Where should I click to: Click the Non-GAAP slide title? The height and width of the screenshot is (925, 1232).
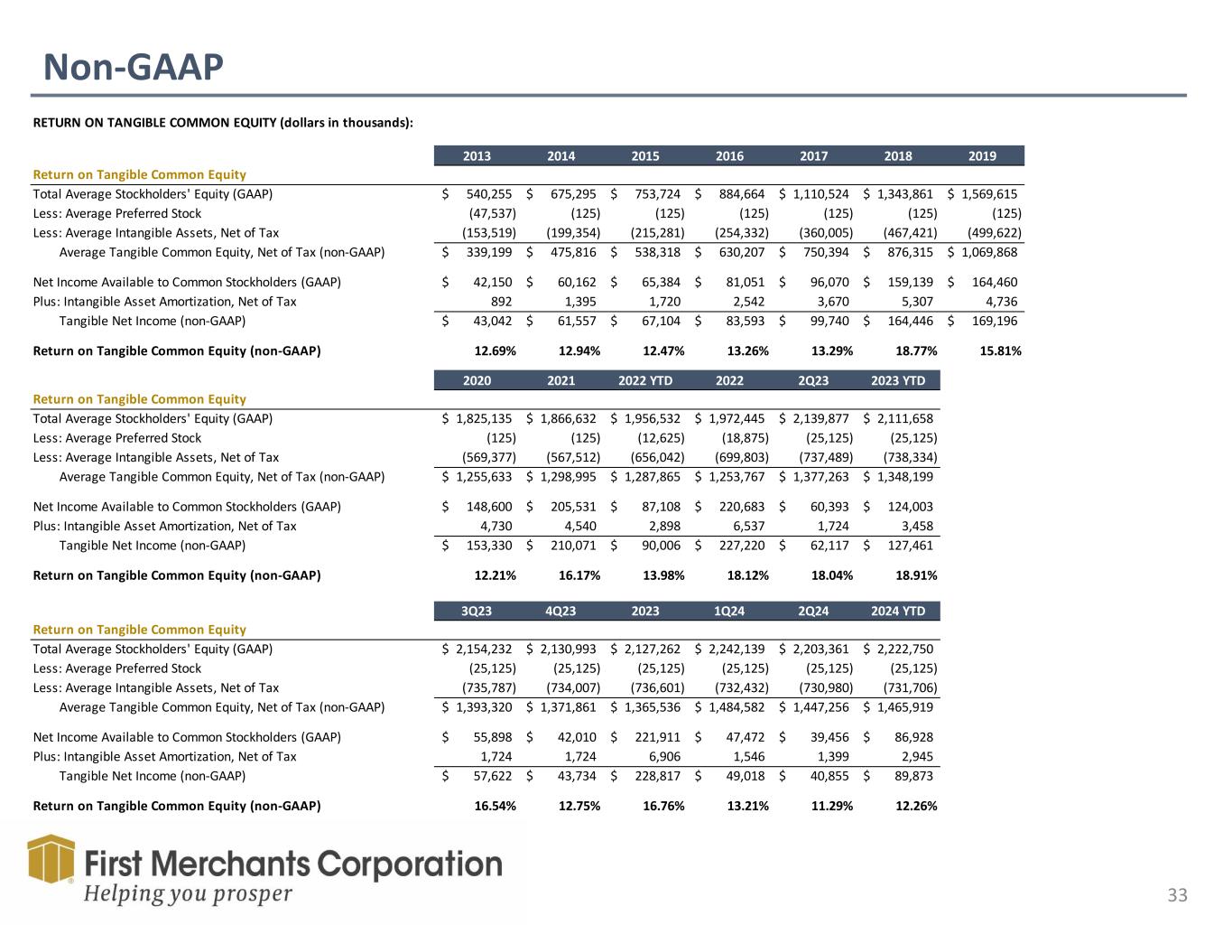point(134,67)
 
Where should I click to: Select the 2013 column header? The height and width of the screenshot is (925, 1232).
point(477,155)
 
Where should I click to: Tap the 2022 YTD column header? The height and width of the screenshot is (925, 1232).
point(645,380)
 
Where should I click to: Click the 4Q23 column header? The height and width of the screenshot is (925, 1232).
point(560,611)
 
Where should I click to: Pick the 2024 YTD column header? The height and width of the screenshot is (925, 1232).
point(897,611)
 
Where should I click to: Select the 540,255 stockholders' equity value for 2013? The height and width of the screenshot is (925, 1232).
point(488,194)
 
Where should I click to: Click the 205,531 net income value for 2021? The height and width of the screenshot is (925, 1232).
point(573,507)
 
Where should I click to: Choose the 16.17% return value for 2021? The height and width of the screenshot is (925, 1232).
point(577,575)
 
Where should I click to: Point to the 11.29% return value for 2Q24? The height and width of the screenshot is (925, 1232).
point(829,806)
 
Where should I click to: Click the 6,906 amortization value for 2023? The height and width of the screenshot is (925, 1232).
point(663,757)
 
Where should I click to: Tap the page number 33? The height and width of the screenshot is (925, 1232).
point(1177,895)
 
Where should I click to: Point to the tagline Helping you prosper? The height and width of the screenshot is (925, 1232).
point(189,894)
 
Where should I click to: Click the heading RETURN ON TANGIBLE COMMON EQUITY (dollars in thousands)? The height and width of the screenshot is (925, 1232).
point(223,123)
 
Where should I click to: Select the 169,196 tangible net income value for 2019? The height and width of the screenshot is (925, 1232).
point(994,321)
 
